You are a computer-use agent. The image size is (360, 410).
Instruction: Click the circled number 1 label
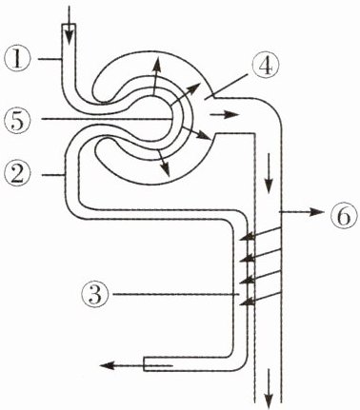tap(17, 59)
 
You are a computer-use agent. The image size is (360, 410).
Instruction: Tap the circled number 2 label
tap(17, 174)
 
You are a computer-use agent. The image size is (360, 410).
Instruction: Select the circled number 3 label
tap(95, 294)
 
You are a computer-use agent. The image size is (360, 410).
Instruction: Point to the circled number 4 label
tap(266, 67)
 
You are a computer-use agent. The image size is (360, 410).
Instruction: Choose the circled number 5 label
tap(17, 119)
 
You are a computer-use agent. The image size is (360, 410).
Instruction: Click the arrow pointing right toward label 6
tap(301, 212)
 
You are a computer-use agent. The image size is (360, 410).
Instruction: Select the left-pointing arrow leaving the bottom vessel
tap(136, 365)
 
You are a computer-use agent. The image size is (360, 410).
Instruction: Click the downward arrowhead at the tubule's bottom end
tap(269, 388)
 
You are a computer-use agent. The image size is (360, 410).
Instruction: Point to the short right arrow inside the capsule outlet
tap(224, 114)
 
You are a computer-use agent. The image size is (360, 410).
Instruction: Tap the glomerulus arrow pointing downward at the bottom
tap(164, 164)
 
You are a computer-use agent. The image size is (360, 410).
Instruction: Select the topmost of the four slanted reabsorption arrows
tap(260, 233)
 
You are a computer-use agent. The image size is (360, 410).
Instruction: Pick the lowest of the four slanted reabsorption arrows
tap(260, 299)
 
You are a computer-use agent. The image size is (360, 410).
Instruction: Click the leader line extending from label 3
tap(176, 295)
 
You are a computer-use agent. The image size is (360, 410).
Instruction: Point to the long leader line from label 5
tap(107, 119)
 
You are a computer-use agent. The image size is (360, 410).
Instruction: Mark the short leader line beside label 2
tap(53, 174)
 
